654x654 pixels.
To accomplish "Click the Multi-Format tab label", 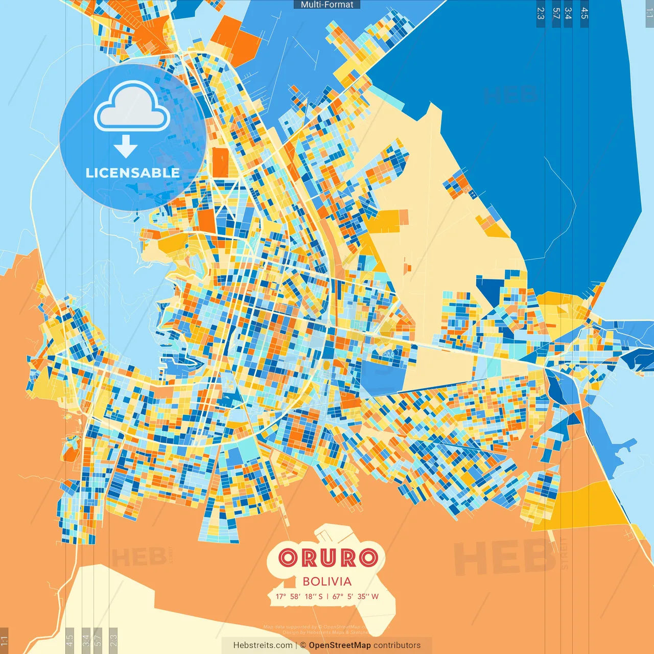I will [327, 5].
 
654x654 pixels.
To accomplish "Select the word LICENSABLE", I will [133, 173].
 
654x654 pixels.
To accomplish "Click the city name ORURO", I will [329, 558].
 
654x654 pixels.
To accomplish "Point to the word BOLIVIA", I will [327, 581].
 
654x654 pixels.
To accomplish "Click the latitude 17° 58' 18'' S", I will [299, 596].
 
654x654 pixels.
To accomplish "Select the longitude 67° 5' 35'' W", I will [356, 596].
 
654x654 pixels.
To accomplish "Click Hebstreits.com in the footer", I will [263, 645].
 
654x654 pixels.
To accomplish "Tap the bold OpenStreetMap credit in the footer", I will [340, 645].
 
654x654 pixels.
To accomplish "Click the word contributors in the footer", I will [397, 645].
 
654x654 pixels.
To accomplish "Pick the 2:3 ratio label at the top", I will [541, 13].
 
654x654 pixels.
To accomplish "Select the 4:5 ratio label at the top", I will [585, 13].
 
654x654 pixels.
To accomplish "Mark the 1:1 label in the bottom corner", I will [4, 640].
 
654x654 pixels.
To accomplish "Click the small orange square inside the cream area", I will [407, 267].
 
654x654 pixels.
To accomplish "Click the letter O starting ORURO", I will [288, 558].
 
